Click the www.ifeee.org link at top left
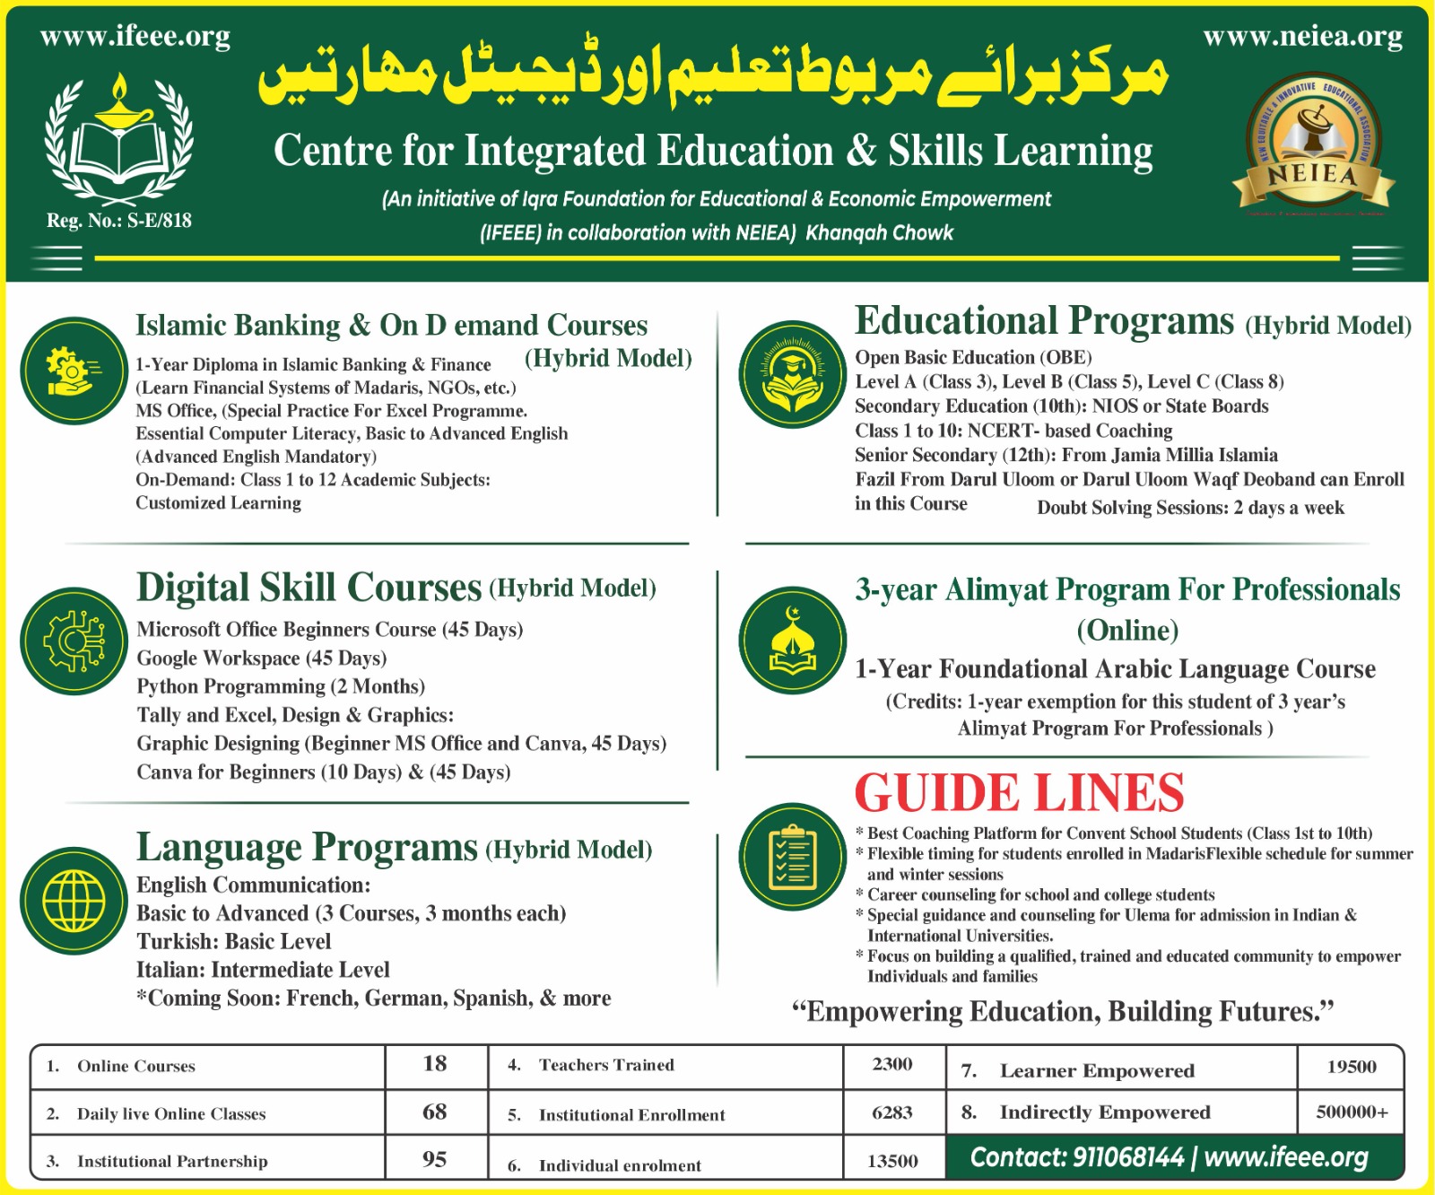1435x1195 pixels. [135, 37]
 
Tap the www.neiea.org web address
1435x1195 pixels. [1302, 37]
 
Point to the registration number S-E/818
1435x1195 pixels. [119, 221]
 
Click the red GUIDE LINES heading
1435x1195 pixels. [1019, 792]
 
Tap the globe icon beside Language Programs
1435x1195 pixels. [74, 900]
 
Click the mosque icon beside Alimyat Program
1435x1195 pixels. [793, 641]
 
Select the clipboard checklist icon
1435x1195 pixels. [793, 857]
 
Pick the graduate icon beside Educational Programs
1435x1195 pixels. [793, 373]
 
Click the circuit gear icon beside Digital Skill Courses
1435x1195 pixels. [74, 641]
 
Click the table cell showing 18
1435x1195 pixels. [435, 1064]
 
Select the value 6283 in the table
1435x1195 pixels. [892, 1113]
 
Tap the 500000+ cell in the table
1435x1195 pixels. [1352, 1112]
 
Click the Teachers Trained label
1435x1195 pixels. [606, 1065]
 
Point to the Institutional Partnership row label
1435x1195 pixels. [172, 1161]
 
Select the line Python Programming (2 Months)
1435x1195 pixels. [281, 686]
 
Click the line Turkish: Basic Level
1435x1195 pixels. [233, 941]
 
